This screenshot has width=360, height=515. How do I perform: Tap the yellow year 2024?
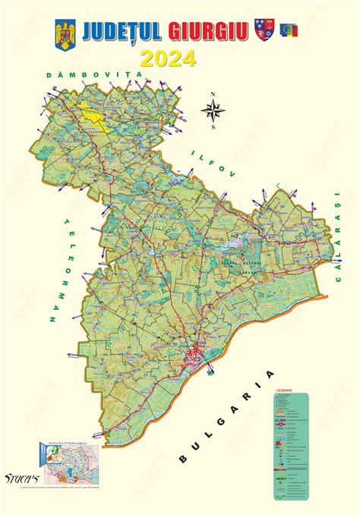[x=167, y=58]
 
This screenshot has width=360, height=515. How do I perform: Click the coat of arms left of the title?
[x=63, y=34]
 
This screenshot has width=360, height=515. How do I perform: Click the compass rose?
[x=213, y=111]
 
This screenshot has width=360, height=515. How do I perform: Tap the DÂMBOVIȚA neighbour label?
[x=94, y=74]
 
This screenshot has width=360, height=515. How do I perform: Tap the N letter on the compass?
[x=213, y=95]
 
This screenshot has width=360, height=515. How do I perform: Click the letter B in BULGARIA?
[x=182, y=460]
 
